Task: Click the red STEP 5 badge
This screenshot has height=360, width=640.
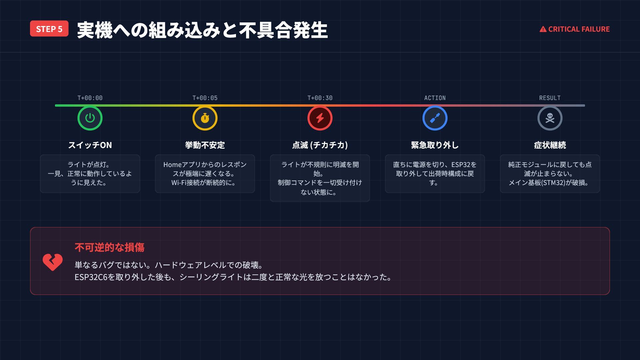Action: tap(49, 29)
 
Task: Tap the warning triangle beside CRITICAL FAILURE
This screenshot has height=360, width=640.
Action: tap(543, 29)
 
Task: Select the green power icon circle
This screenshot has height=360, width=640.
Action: tap(90, 118)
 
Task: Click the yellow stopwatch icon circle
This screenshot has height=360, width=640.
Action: tap(205, 118)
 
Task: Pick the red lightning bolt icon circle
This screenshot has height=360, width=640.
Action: tap(320, 118)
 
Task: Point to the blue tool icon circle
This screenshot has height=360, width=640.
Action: tap(435, 118)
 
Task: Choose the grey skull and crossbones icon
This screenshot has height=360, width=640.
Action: tap(550, 118)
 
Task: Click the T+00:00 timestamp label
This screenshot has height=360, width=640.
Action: tap(90, 98)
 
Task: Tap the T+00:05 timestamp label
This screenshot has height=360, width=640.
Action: tap(205, 98)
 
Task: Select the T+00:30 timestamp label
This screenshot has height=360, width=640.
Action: tap(320, 98)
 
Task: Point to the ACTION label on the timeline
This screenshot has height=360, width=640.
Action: tap(435, 98)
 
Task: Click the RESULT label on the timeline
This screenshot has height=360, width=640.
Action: tap(550, 98)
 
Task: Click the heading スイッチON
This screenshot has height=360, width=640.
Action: tap(90, 145)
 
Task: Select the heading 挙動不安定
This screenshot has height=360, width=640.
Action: tap(205, 145)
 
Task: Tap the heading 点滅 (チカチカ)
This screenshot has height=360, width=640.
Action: tap(320, 145)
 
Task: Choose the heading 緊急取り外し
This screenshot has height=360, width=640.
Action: tap(435, 145)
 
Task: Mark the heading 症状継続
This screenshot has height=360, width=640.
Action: tap(550, 145)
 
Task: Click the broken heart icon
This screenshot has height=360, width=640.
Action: tap(53, 262)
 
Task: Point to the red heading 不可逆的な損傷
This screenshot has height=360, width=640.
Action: tap(110, 247)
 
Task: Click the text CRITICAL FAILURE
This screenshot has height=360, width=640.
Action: tap(579, 29)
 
